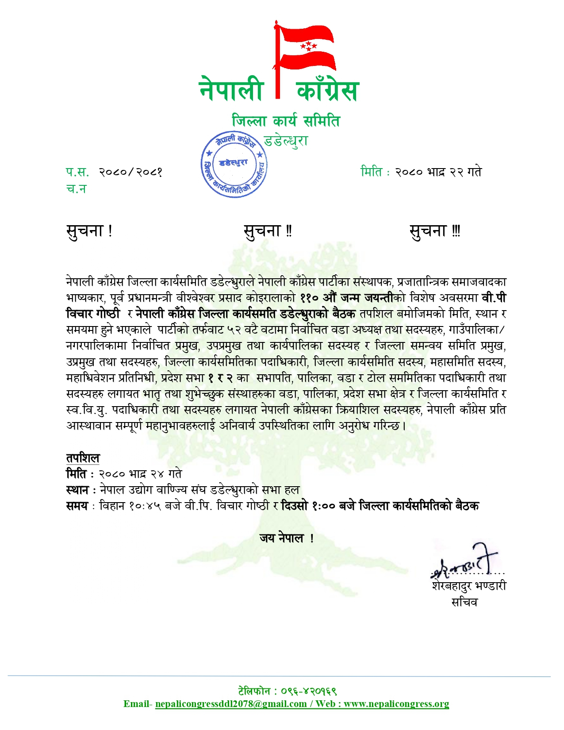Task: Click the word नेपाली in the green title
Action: click(x=231, y=89)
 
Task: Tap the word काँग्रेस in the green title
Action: click(x=327, y=90)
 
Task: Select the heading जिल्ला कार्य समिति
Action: click(x=286, y=121)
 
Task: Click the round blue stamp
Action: click(x=234, y=164)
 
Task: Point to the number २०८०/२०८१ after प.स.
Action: click(x=130, y=172)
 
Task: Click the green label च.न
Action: click(x=76, y=189)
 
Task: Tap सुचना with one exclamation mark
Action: click(x=89, y=231)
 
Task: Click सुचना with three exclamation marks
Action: click(x=435, y=231)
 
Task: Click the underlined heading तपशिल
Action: click(x=83, y=458)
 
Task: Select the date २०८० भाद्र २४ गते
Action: click(x=140, y=474)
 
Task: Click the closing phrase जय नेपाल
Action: click(x=286, y=538)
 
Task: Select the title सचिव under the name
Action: click(x=464, y=602)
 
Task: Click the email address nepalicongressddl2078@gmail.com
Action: click(x=231, y=704)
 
